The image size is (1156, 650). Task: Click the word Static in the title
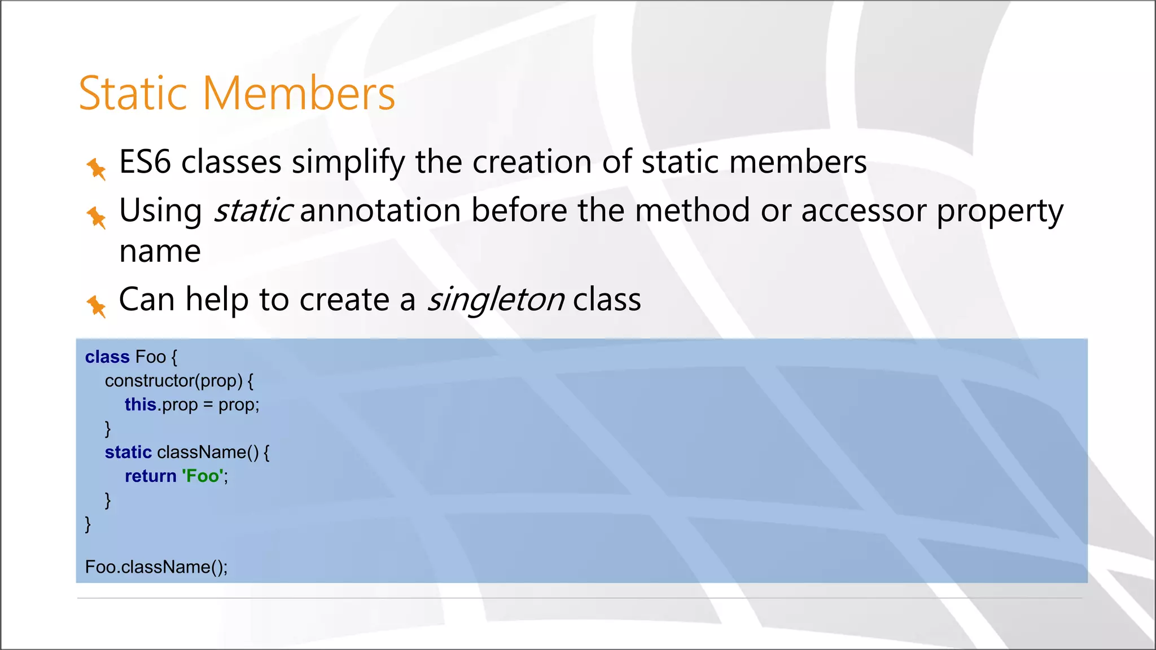(x=133, y=93)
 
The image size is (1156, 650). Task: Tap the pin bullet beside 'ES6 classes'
(x=97, y=169)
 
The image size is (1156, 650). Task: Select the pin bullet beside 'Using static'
(x=97, y=217)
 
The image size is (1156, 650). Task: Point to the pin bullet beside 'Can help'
(x=97, y=306)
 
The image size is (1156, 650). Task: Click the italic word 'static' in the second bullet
(x=252, y=210)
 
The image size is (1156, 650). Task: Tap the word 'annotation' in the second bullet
(x=380, y=210)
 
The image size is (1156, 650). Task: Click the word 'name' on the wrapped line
(x=160, y=251)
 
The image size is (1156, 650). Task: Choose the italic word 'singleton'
(x=495, y=300)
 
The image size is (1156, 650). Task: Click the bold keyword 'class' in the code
(x=107, y=357)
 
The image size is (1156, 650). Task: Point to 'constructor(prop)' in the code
(x=174, y=381)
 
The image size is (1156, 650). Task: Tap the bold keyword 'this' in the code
(x=140, y=405)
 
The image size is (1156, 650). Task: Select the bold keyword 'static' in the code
(x=128, y=452)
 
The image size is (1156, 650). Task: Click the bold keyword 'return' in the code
(x=151, y=476)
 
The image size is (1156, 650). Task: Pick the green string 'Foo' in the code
(x=203, y=476)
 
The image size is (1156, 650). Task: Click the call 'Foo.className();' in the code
(x=156, y=566)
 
